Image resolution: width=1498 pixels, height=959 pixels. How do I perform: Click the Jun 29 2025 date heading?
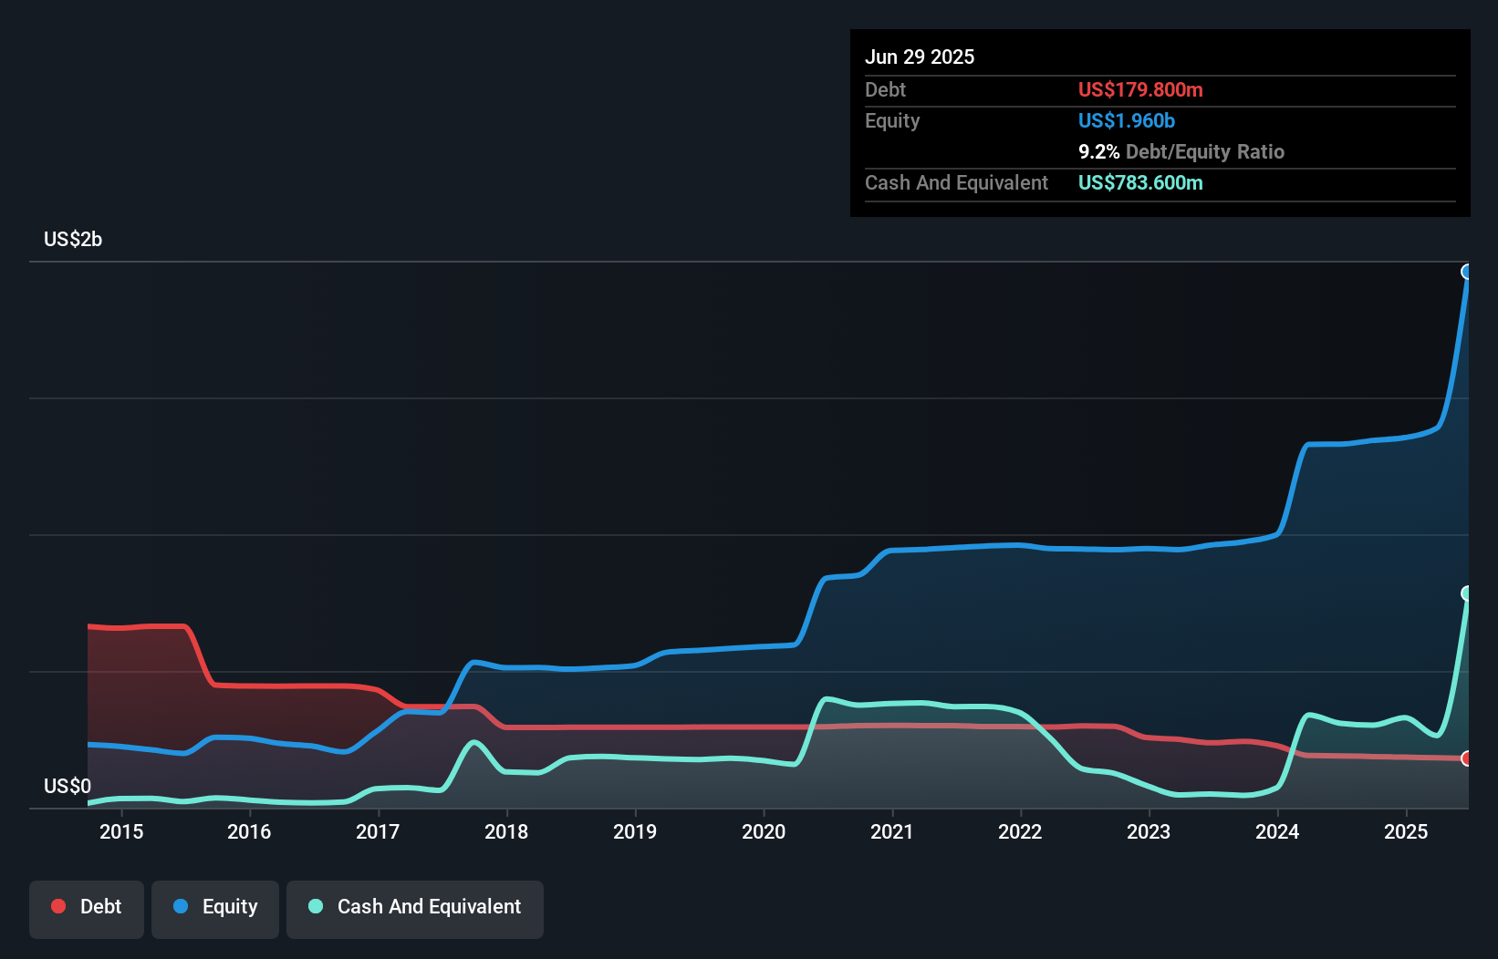point(919,57)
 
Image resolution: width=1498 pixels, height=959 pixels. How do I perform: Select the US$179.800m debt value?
point(1139,89)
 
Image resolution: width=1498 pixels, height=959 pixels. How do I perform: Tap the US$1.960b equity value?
point(1126,120)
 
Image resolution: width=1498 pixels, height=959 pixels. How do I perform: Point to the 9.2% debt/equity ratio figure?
point(1098,151)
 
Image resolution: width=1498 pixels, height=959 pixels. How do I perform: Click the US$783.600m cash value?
point(1139,182)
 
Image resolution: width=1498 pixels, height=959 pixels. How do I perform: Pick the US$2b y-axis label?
point(73,239)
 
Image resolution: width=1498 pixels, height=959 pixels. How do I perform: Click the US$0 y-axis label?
point(68,786)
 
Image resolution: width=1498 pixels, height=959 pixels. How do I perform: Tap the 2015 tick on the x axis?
point(121,831)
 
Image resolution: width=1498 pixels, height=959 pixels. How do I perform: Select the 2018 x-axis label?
point(506,831)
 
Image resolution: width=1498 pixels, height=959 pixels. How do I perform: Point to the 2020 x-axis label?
point(764,831)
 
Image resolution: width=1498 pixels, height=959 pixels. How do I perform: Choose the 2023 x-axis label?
point(1149,831)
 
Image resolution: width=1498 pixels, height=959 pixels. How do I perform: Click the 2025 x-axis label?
point(1406,831)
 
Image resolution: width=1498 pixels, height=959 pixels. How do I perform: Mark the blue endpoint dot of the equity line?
point(1467,272)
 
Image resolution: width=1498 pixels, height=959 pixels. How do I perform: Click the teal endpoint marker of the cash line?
point(1467,593)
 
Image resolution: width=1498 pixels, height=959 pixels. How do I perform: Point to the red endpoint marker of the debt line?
point(1467,758)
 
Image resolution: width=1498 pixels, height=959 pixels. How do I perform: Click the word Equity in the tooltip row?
point(892,120)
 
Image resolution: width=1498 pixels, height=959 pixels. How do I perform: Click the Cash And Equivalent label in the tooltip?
point(956,182)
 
